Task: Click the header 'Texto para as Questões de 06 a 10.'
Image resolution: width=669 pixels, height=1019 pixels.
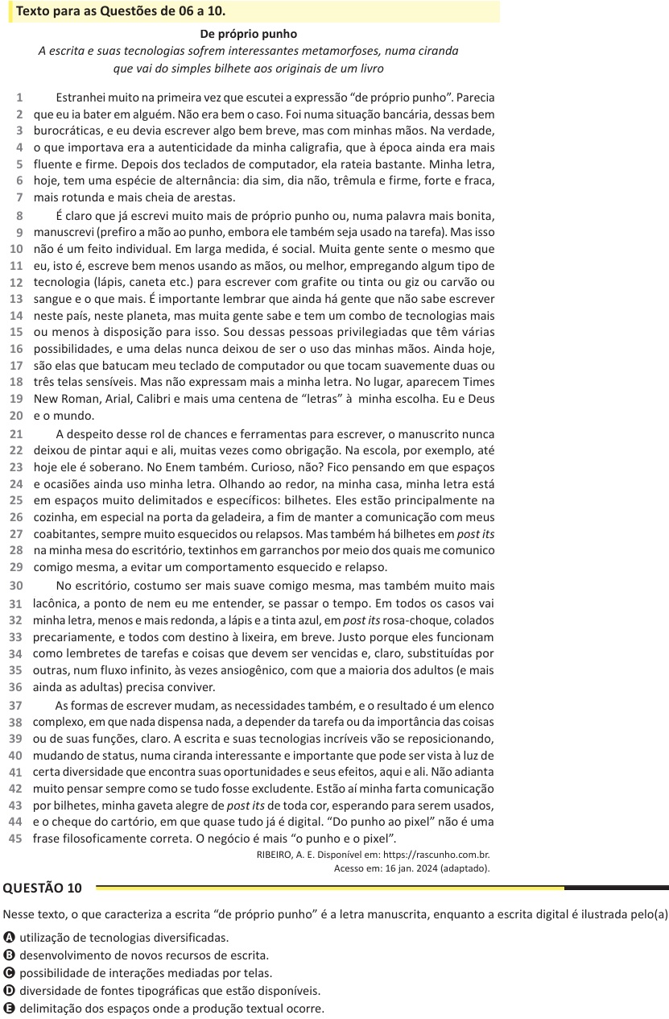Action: tap(121, 11)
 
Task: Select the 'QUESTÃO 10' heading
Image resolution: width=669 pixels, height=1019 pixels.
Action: tap(43, 888)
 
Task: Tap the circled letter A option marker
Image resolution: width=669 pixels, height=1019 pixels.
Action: tap(9, 937)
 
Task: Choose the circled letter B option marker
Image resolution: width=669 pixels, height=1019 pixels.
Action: tap(9, 955)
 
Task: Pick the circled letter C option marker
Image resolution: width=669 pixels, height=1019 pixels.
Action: tap(9, 972)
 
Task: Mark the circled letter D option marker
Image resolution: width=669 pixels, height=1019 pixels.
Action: tap(9, 990)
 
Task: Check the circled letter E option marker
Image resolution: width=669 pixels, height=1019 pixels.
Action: tap(9, 1008)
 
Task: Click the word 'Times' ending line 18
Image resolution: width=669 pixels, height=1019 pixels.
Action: tap(478, 383)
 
